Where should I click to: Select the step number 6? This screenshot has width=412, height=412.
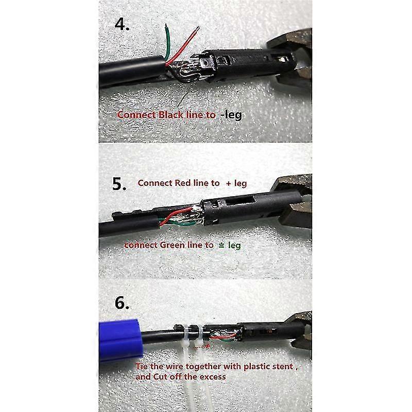(122, 303)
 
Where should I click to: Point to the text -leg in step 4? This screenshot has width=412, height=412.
(230, 115)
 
